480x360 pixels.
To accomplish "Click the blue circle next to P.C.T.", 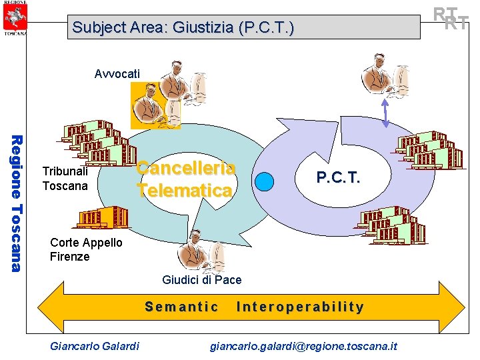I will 265,181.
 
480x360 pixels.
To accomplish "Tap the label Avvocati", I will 117,73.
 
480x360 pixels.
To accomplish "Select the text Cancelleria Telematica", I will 185,179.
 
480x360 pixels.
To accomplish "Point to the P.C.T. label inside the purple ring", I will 338,177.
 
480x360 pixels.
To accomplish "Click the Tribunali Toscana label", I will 65,179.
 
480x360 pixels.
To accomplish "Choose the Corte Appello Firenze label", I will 86,249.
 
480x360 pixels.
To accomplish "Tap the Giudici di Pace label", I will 201,280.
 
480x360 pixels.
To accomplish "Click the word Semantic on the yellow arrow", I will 181,307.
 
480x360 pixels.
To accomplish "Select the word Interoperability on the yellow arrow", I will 300,307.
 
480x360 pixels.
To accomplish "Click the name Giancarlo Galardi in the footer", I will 95,345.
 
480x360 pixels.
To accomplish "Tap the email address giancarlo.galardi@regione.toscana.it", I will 303,345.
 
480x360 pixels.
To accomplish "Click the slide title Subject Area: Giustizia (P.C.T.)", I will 183,28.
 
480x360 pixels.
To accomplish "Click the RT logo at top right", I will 459,19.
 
